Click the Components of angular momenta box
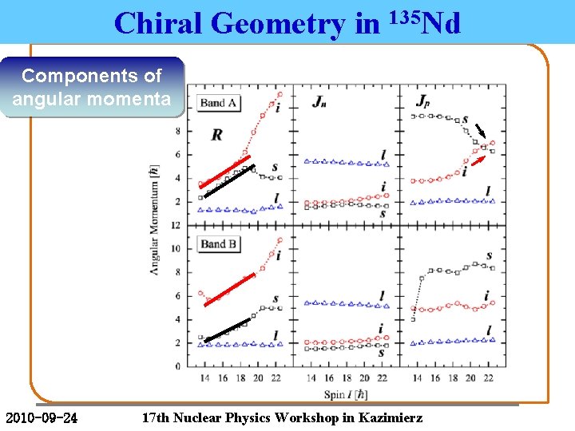point(91,88)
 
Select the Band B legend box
point(218,243)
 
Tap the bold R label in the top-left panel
point(216,134)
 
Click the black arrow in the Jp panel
point(482,132)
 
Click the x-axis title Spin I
point(346,395)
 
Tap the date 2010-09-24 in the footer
point(42,418)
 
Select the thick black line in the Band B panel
point(228,330)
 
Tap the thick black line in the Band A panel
point(229,180)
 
